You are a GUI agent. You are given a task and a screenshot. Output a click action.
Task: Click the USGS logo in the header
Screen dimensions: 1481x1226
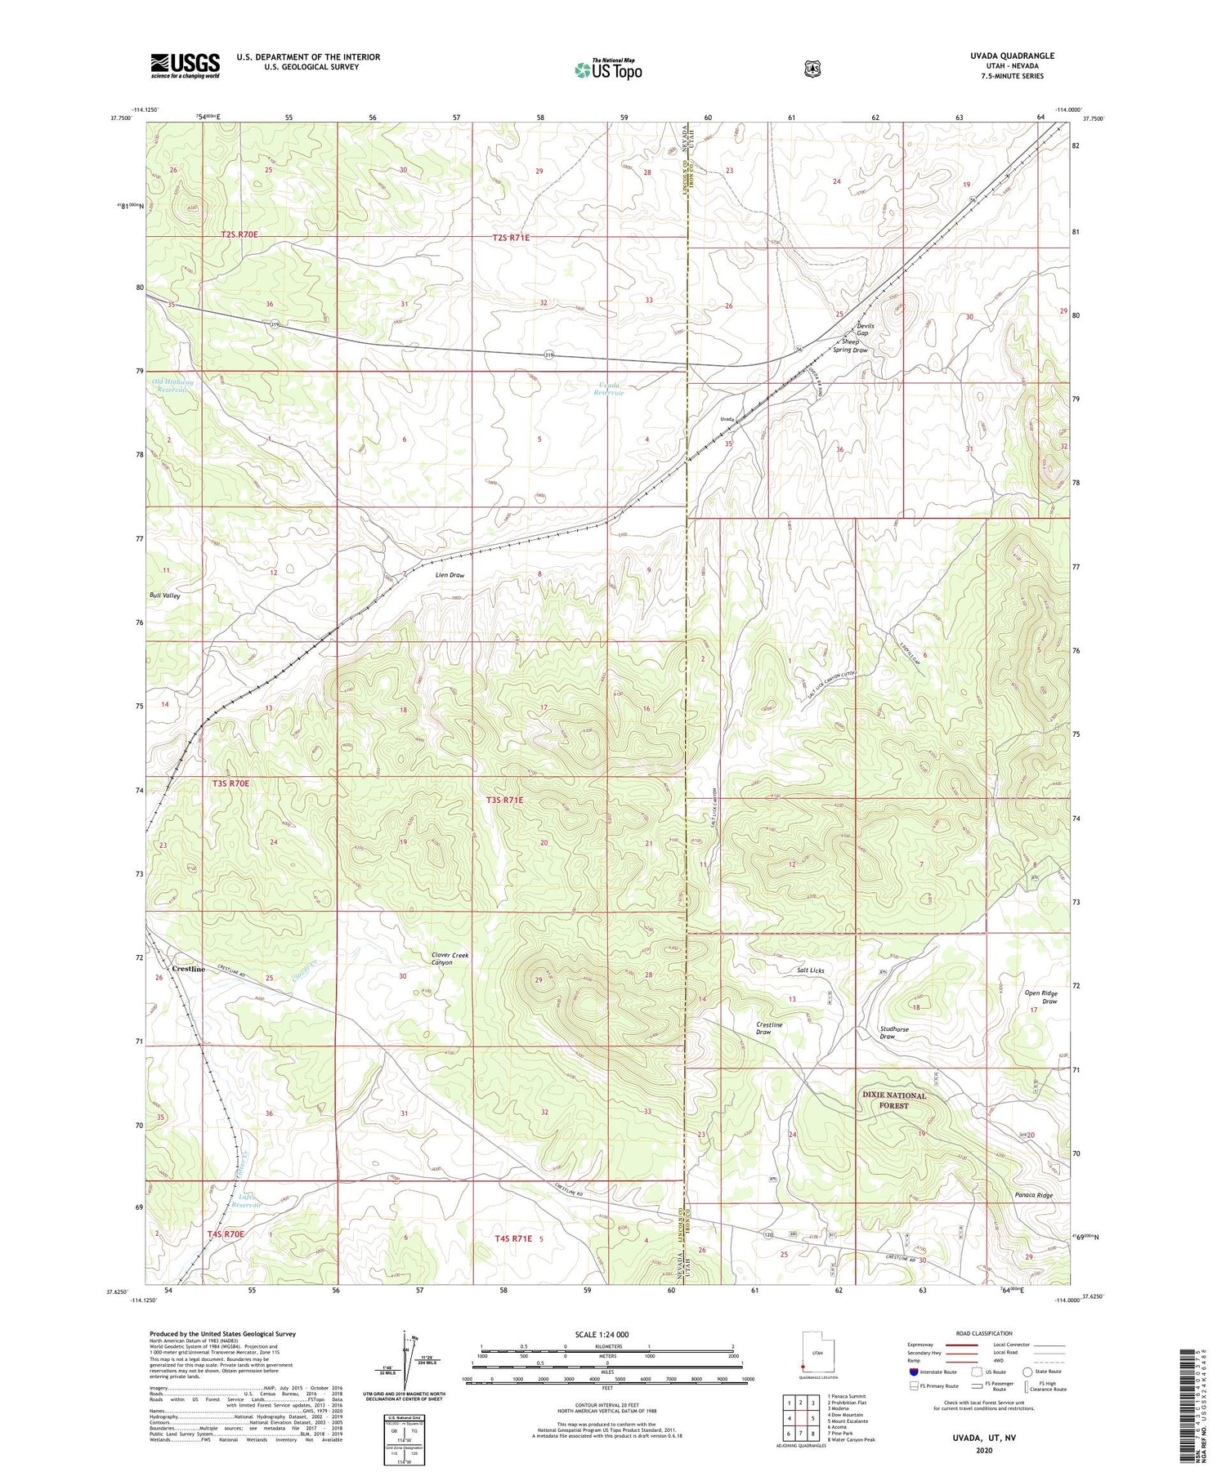(x=185, y=65)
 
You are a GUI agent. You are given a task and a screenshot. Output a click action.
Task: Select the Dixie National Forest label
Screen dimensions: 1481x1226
(x=894, y=1100)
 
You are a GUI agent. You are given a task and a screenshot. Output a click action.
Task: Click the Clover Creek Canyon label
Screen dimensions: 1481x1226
(x=450, y=958)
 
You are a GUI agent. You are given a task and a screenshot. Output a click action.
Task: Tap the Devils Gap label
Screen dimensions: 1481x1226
(x=866, y=330)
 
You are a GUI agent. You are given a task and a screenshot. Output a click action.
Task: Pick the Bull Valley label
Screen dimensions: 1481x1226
(x=165, y=596)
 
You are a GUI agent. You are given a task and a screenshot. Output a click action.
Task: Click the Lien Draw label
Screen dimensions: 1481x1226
(x=450, y=575)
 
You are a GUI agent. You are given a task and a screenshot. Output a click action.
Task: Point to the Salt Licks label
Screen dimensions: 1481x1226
(x=811, y=970)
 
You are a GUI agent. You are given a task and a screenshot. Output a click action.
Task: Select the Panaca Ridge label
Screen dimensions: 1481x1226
(x=1033, y=1195)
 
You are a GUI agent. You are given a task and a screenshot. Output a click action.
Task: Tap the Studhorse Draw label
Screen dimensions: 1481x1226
(x=894, y=1033)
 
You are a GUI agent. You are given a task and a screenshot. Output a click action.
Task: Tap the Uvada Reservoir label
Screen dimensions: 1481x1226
(x=609, y=389)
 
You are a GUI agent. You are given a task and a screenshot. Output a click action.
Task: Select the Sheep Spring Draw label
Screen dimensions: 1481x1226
(x=850, y=346)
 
